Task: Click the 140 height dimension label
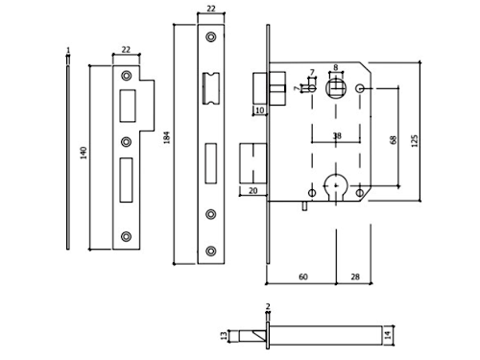84,153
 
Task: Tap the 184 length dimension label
167,137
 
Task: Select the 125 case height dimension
415,141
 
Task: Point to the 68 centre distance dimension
394,140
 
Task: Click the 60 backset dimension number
303,276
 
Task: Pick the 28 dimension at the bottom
355,276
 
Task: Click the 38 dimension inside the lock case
337,136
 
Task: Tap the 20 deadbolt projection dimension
252,191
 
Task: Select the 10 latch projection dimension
259,110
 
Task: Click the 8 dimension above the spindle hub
335,67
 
